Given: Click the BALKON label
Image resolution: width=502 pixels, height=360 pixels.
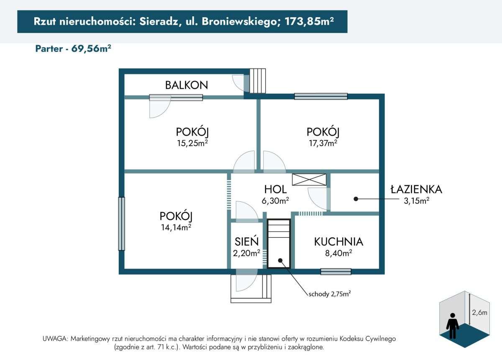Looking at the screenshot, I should point(186,85).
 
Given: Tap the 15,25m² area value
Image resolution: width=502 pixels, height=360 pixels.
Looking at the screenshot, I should point(192,143).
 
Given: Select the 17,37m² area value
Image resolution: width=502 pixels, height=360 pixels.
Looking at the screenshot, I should point(323,143).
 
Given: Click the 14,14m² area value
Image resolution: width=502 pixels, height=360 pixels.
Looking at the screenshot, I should point(176,227).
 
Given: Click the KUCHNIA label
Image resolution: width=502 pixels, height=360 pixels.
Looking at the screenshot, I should point(338,242).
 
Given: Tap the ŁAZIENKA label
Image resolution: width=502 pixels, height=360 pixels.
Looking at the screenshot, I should point(416,190).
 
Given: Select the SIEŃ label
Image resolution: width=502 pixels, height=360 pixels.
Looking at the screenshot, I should point(246,242).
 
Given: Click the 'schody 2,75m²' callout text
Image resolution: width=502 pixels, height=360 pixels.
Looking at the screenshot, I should point(329,294).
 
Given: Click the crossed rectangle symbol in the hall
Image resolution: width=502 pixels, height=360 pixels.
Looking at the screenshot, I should point(310,180).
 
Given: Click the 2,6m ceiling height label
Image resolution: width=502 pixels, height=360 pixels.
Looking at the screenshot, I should point(479,312).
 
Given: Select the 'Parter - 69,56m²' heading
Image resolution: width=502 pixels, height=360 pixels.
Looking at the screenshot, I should point(73,49).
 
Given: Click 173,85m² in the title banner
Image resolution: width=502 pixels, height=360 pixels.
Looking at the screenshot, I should point(309,22).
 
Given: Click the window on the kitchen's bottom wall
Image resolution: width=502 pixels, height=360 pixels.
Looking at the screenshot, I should point(336,271).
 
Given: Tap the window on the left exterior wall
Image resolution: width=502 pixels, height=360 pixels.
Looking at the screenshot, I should point(121,224).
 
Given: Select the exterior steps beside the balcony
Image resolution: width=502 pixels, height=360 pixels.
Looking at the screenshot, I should point(258,81).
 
